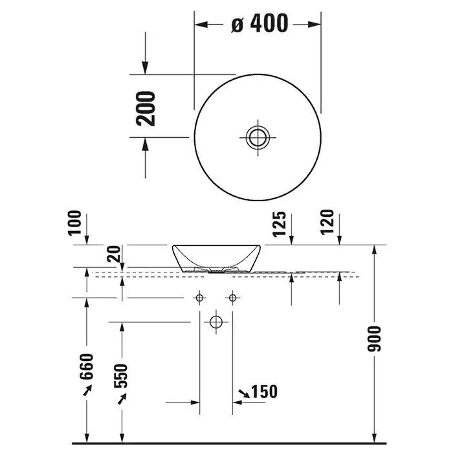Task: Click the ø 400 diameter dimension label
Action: coord(260,23)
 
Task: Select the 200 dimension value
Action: coord(146,109)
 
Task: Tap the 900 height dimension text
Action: coord(374,339)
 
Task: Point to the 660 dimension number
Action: coord(87,366)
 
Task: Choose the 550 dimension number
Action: coord(121,375)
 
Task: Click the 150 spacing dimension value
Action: coord(264,392)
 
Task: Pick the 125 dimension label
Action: coord(280,224)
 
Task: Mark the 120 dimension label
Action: coord(327,222)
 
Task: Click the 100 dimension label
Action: coord(74,223)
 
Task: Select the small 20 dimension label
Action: coord(113,254)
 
